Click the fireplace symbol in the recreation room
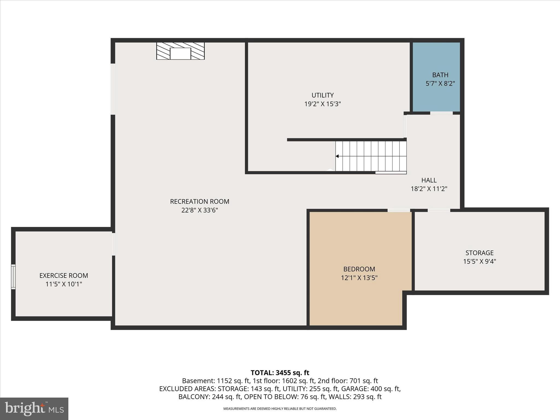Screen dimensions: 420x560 pyautogui.click(x=180, y=51)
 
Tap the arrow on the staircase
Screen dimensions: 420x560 pyautogui.click(x=337, y=156)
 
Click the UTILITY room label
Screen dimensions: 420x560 pyautogui.click(x=323, y=95)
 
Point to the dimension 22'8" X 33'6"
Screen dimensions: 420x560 pyautogui.click(x=200, y=210)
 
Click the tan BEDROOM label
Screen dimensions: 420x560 pyautogui.click(x=359, y=269)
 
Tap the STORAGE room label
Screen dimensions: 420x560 pyautogui.click(x=479, y=253)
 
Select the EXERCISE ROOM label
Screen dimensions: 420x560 pyautogui.click(x=64, y=276)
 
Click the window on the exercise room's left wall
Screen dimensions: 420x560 pyautogui.click(x=13, y=277)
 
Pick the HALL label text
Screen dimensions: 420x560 pyautogui.click(x=429, y=180)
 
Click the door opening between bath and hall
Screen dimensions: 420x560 pyautogui.click(x=441, y=113)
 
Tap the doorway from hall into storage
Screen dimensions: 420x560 pyautogui.click(x=439, y=210)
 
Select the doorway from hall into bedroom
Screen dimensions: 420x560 pyautogui.click(x=399, y=210)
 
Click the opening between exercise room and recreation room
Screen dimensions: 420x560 pyautogui.click(x=113, y=244)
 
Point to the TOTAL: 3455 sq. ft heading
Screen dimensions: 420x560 pyautogui.click(x=280, y=373)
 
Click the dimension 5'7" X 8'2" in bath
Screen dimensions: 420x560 pyautogui.click(x=440, y=84)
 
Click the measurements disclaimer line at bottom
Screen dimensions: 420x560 pyautogui.click(x=280, y=409)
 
